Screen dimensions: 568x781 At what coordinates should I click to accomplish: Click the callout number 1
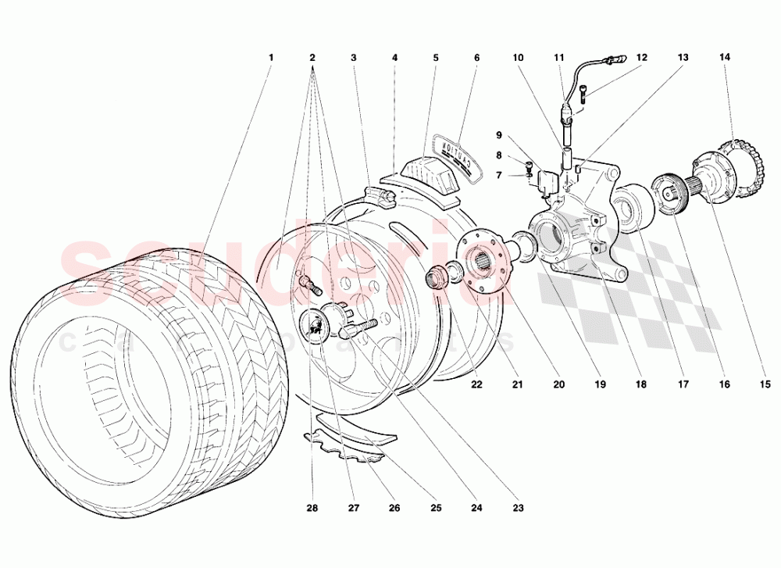click(271, 58)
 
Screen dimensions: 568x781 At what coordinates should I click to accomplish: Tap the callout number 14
click(725, 58)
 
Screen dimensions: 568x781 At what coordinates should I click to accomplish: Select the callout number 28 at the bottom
click(311, 508)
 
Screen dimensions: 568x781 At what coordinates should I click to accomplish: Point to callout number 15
click(765, 384)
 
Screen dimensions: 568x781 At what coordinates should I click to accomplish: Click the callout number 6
click(476, 58)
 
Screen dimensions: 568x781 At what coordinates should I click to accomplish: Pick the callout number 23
click(519, 508)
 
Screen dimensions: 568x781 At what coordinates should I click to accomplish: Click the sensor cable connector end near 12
click(622, 57)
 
